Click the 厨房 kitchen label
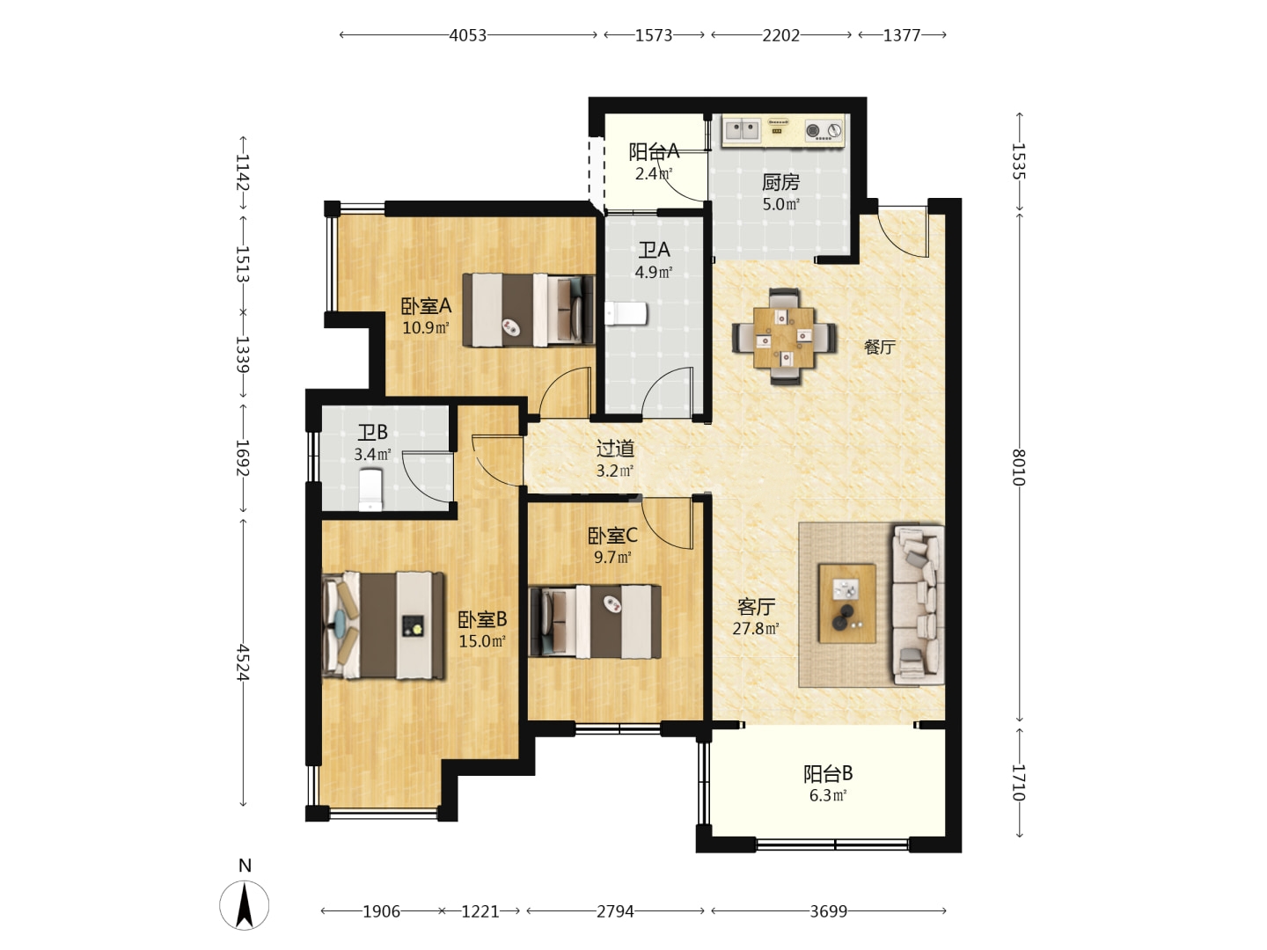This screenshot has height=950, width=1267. (780, 182)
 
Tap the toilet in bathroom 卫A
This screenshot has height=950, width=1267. (626, 314)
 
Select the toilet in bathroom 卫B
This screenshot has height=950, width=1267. (370, 490)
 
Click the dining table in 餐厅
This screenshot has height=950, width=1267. (784, 337)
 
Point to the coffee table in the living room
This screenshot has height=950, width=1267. (846, 603)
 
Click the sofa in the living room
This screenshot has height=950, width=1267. (919, 604)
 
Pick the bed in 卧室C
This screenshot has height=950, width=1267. (595, 622)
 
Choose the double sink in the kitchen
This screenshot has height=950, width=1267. (742, 130)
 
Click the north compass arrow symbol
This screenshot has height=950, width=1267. (245, 905)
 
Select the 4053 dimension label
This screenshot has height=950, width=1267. (467, 35)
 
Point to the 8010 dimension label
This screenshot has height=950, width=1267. (1019, 467)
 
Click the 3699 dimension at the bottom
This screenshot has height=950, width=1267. (828, 911)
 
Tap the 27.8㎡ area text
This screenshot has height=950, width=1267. (756, 628)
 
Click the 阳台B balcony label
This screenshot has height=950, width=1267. (828, 773)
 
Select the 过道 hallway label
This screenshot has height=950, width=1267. (615, 449)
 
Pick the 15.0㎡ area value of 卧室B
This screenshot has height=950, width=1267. (482, 641)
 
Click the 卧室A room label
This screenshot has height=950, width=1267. (426, 306)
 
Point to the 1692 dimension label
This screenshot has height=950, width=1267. (243, 458)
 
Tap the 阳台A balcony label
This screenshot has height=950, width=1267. (654, 151)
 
